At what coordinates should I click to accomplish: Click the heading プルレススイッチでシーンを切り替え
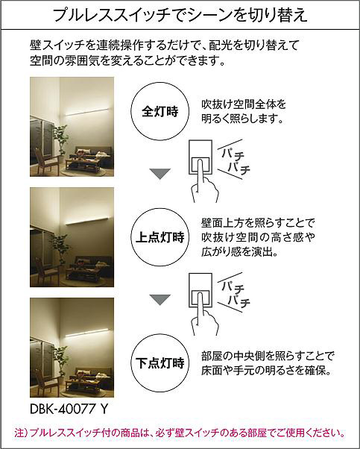click(180, 15)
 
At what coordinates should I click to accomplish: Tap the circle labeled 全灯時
click(160, 111)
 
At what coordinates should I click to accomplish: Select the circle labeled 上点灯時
click(160, 237)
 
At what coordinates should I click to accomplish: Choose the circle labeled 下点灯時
click(160, 363)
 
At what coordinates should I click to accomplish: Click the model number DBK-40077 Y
click(69, 409)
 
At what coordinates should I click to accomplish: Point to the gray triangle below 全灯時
click(160, 174)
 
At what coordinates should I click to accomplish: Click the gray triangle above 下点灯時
click(160, 300)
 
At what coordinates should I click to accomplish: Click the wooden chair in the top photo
click(45, 161)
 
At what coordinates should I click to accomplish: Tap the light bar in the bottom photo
click(87, 332)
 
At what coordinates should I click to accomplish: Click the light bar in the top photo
click(87, 112)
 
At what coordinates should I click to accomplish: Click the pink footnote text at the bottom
click(180, 433)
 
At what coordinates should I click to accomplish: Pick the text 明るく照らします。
click(242, 119)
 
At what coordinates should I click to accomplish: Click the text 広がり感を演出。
click(240, 252)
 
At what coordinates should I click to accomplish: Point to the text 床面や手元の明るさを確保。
click(266, 371)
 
